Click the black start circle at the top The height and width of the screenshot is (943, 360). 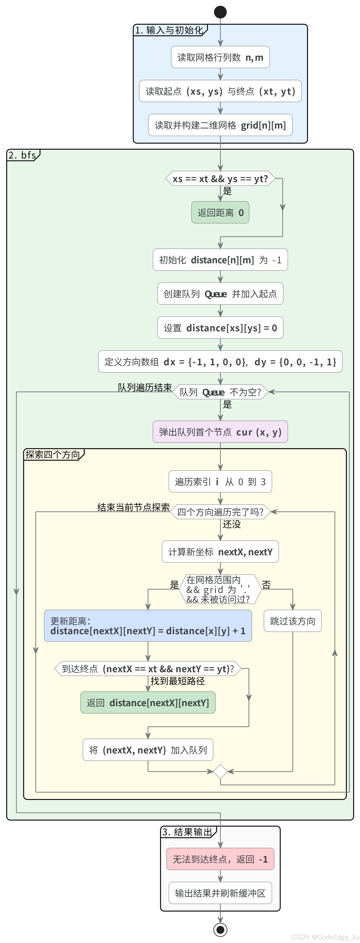[x=220, y=12]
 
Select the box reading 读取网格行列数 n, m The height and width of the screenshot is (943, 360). [x=220, y=57]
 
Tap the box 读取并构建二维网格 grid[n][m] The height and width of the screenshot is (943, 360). [x=220, y=125]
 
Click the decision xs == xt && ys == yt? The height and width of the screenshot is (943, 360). [x=220, y=179]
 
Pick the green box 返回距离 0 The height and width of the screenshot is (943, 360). [x=220, y=212]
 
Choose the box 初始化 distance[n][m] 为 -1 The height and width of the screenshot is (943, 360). [x=220, y=260]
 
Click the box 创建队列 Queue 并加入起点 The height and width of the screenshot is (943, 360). [x=220, y=294]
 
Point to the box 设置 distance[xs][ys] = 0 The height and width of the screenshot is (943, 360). [x=220, y=328]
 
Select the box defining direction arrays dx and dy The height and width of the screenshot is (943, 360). [x=220, y=362]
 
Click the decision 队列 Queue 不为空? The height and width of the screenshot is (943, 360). [x=220, y=392]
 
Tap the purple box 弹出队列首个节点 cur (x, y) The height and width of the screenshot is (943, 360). [x=220, y=432]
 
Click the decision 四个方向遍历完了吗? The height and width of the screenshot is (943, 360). [x=220, y=512]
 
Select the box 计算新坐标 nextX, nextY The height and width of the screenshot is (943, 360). [x=220, y=552]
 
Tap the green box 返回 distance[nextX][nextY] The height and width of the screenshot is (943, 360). [x=148, y=703]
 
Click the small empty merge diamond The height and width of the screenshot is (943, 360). [x=220, y=771]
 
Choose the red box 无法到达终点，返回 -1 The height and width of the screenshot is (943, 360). [x=220, y=859]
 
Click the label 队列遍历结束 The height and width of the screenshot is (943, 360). [x=145, y=387]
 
